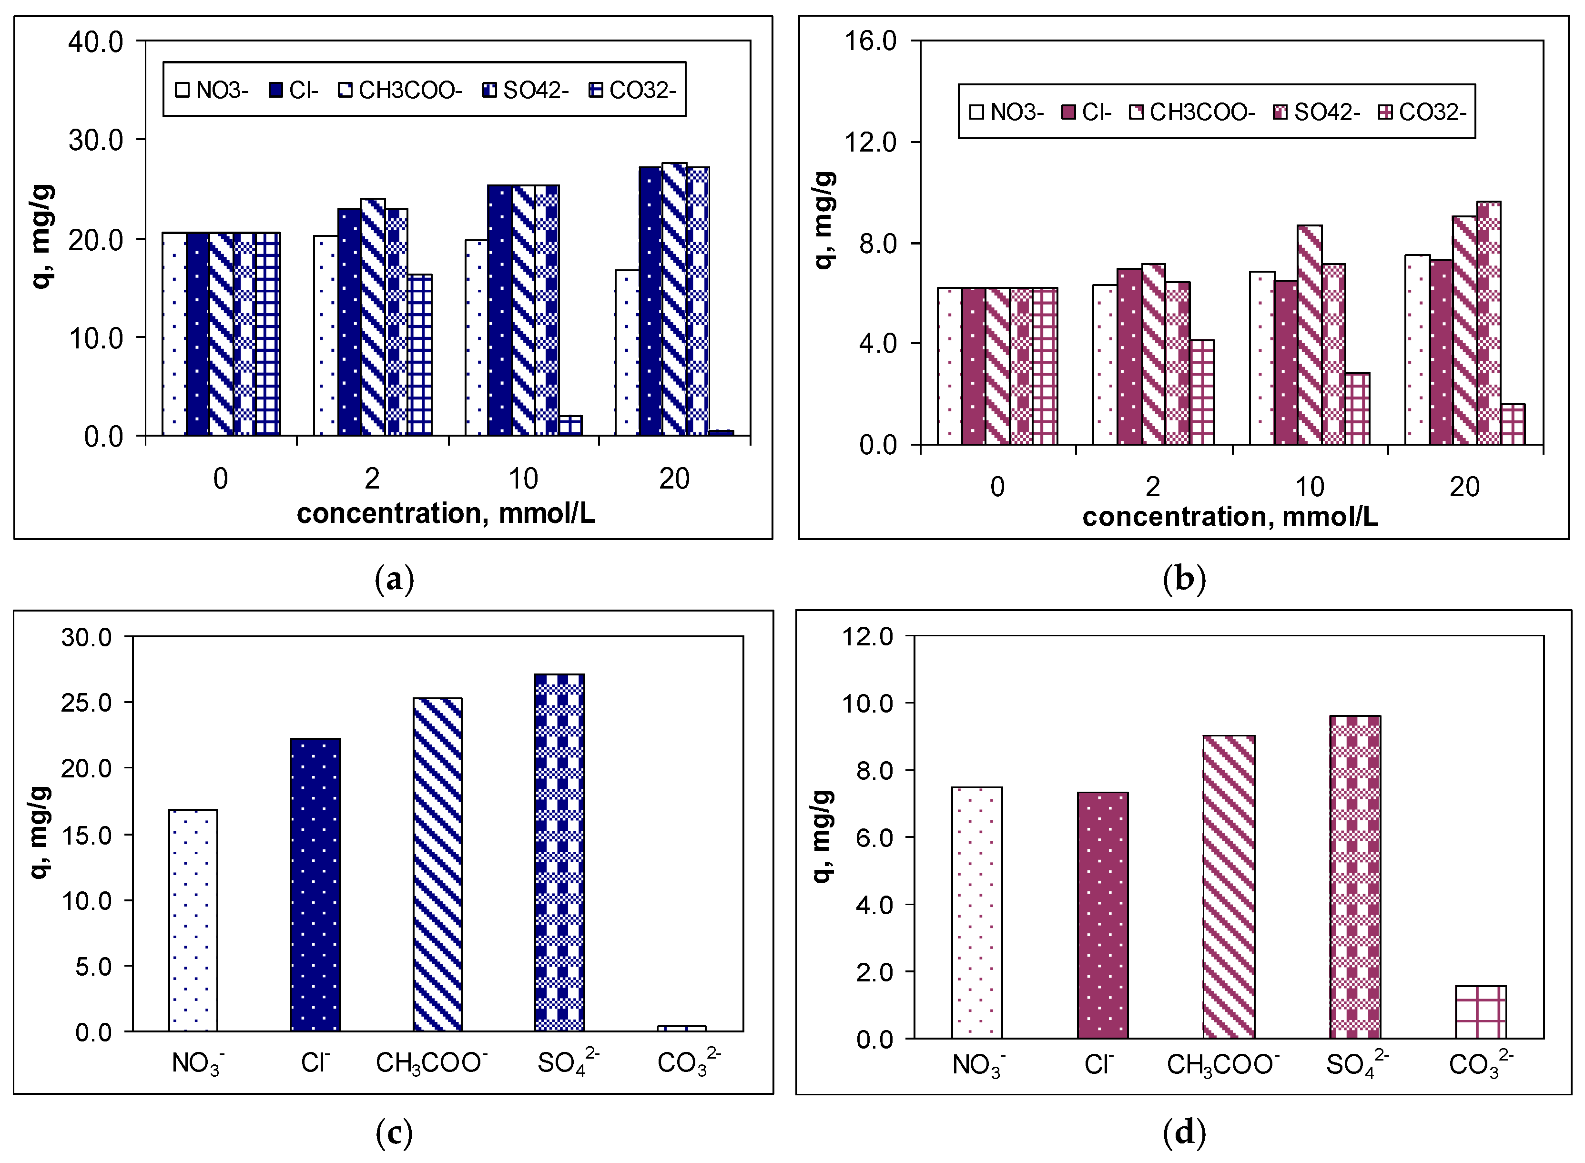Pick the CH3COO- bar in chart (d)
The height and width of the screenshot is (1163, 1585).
pyautogui.click(x=1228, y=887)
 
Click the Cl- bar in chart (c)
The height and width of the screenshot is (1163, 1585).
pyautogui.click(x=315, y=885)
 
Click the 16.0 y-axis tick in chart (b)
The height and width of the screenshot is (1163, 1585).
pyautogui.click(x=871, y=41)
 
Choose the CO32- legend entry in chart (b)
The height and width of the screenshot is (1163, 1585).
pyautogui.click(x=1422, y=112)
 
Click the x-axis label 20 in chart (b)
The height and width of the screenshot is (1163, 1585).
pyautogui.click(x=1464, y=487)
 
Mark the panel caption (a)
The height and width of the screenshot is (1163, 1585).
pyautogui.click(x=394, y=580)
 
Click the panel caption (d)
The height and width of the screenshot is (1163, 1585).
pyautogui.click(x=1185, y=1132)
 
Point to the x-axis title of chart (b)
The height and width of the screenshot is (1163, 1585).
pyautogui.click(x=1229, y=517)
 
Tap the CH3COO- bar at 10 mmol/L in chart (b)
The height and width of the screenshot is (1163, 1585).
pyautogui.click(x=1309, y=335)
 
